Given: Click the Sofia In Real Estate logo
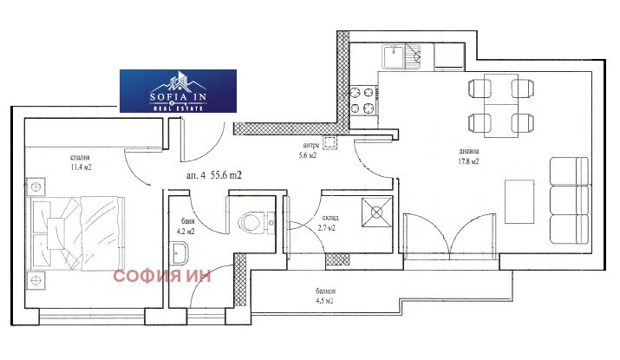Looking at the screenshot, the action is (178, 91).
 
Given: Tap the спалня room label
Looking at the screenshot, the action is (81, 157).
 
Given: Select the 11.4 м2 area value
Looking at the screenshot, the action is (81, 167).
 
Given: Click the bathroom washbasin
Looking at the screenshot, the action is (180, 253).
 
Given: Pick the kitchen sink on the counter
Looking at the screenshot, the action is (401, 57).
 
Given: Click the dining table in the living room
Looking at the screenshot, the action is (501, 105).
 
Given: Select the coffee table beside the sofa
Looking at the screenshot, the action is (519, 201).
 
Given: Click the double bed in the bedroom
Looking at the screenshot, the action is (76, 234).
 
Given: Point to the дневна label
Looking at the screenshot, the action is (469, 151).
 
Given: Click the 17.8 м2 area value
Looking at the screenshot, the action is (468, 161).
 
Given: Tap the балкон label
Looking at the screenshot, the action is (326, 291).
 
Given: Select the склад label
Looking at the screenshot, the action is (330, 218).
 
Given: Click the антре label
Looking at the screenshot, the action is (311, 145).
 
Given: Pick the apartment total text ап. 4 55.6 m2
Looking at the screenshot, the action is (214, 175).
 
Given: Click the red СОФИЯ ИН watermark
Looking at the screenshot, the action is (162, 276).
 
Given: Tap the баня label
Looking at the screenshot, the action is (188, 221).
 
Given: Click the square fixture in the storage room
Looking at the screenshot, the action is (376, 213).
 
